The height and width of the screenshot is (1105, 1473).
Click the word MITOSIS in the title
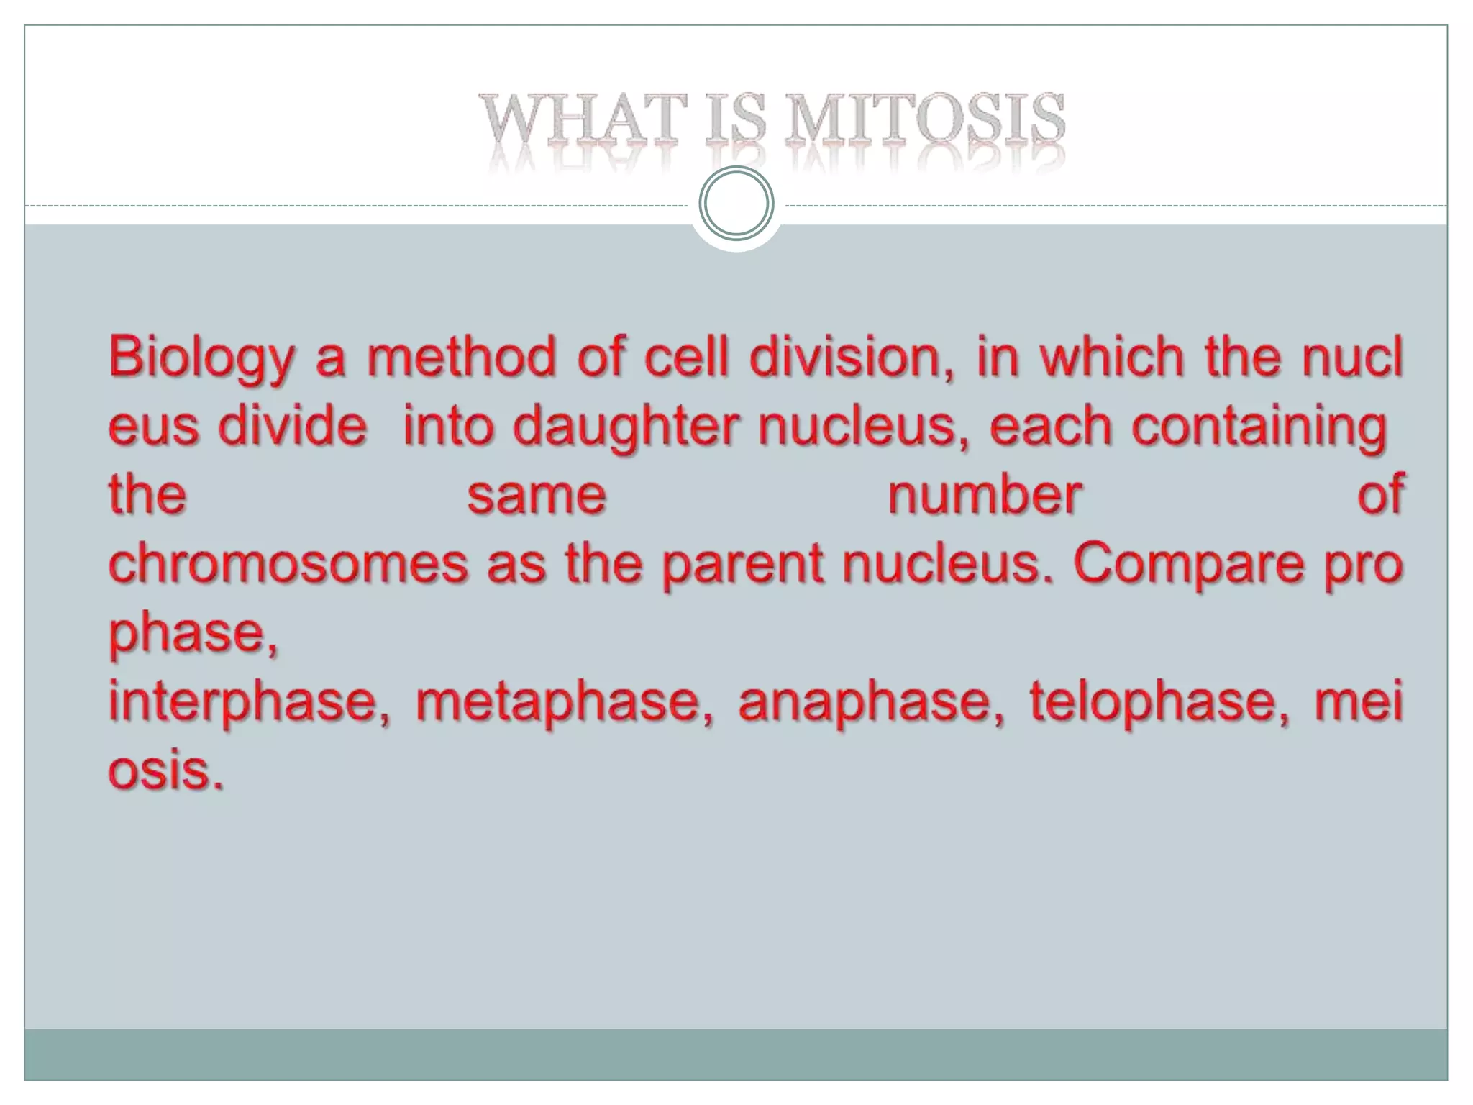(x=925, y=119)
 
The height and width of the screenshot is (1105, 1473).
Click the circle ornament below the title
(x=736, y=203)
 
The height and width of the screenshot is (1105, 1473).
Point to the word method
(x=461, y=358)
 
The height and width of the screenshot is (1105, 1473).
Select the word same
(x=537, y=496)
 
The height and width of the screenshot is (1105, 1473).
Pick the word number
(x=985, y=496)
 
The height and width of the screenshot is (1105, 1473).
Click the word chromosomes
(x=288, y=564)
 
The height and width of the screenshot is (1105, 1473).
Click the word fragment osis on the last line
(x=165, y=771)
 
